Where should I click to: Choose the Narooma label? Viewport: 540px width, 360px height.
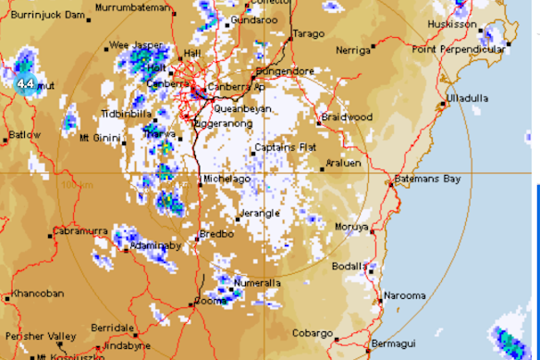tap(408, 296)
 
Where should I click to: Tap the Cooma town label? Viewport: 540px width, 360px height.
tap(212, 301)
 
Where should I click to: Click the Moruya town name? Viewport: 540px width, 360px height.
tap(351, 226)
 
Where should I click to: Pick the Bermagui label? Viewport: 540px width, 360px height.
tap(393, 343)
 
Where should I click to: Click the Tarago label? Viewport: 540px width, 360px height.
tap(309, 34)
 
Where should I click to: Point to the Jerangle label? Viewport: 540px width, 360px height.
tap(260, 213)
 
